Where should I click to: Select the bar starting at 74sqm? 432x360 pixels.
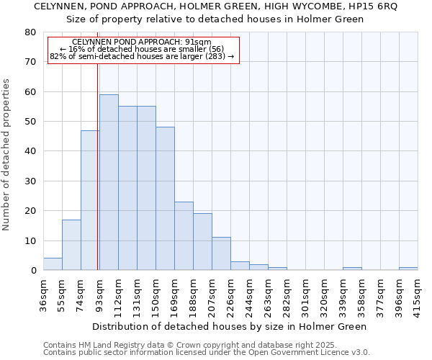90,200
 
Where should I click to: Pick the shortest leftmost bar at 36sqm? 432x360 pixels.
53,264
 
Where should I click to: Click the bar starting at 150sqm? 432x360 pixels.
165,199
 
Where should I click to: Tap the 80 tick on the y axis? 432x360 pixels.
30,32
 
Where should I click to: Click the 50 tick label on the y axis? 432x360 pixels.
30,122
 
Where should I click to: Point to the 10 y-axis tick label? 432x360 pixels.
30,240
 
